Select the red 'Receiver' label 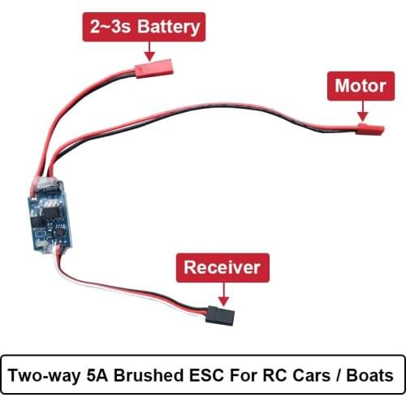tap(222, 266)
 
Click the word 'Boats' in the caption tap(370, 376)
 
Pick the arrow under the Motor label tap(361, 109)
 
